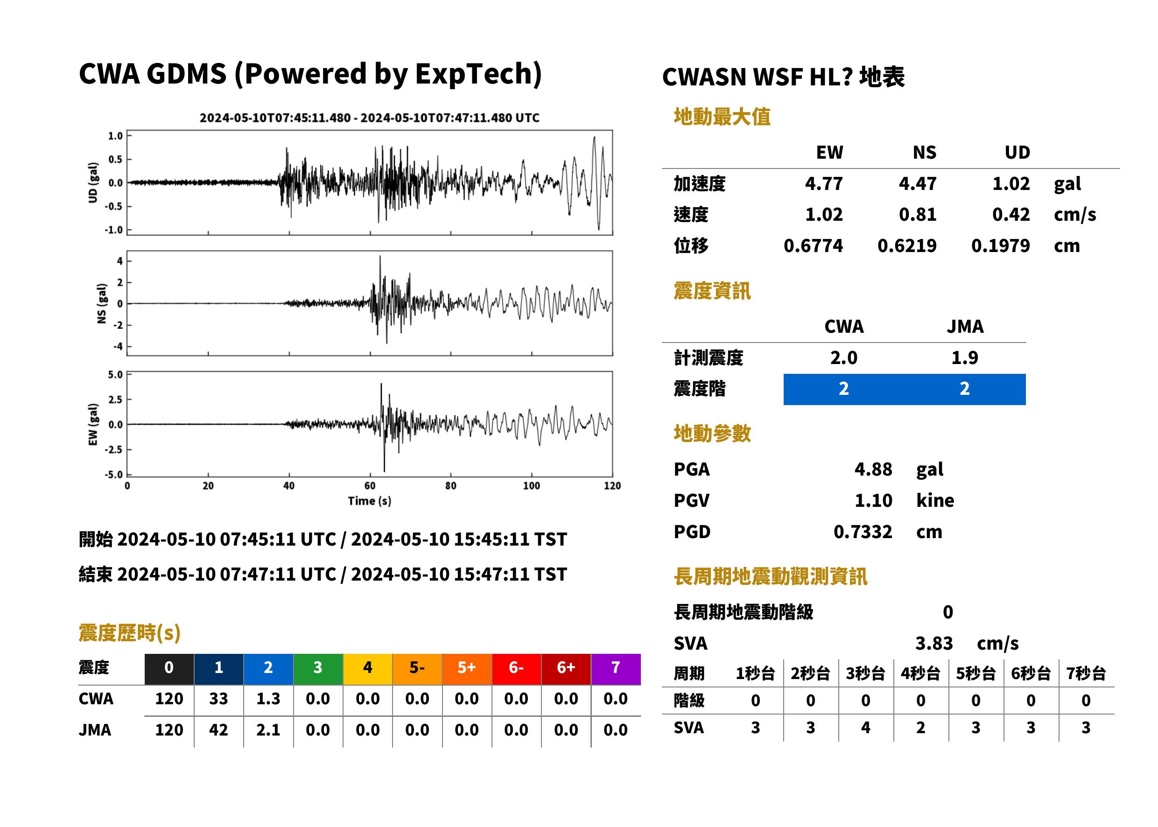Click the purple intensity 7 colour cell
pos(615,669)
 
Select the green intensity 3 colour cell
pos(318,669)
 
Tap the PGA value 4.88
pos(873,469)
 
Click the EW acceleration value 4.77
pos(823,183)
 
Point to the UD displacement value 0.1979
pos(1000,245)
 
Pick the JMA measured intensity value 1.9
pos(964,357)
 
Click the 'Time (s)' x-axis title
pos(370,501)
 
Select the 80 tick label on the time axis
pos(451,486)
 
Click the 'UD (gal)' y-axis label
pos(93,182)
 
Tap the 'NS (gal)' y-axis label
pos(102,303)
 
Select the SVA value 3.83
pos(934,643)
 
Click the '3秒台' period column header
pos(865,673)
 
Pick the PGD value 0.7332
pos(863,532)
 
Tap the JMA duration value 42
pos(218,730)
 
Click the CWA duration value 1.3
pos(268,699)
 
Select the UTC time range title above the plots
pos(369,118)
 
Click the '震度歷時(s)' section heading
pos(130,633)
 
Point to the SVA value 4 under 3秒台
pos(865,728)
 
